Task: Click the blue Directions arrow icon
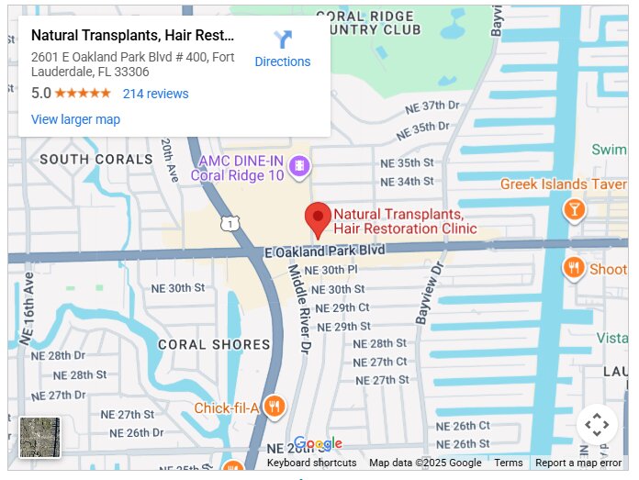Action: pyautogui.click(x=283, y=39)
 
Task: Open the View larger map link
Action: pyautogui.click(x=75, y=119)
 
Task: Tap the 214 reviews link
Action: pyautogui.click(x=155, y=94)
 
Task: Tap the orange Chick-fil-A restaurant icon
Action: pyautogui.click(x=273, y=407)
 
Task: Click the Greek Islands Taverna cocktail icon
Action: pyautogui.click(x=574, y=209)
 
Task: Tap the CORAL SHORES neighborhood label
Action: pyautogui.click(x=214, y=345)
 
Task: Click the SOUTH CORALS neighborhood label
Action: pyautogui.click(x=95, y=159)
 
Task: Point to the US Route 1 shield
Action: pyautogui.click(x=230, y=222)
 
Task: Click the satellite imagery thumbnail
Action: pyautogui.click(x=39, y=437)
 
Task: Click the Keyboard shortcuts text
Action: pyautogui.click(x=311, y=463)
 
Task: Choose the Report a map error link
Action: pyautogui.click(x=578, y=463)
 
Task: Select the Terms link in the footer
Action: pyautogui.click(x=508, y=463)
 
